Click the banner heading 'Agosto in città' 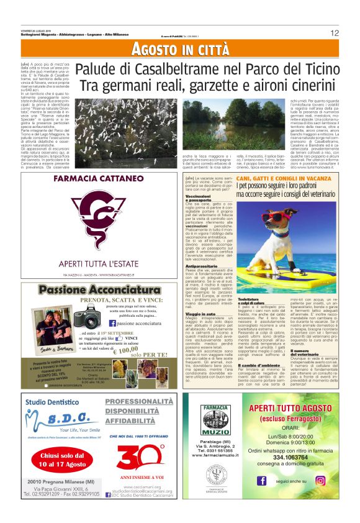(180, 49)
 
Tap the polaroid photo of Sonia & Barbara (43, 327)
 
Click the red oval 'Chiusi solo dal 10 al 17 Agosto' (56, 460)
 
